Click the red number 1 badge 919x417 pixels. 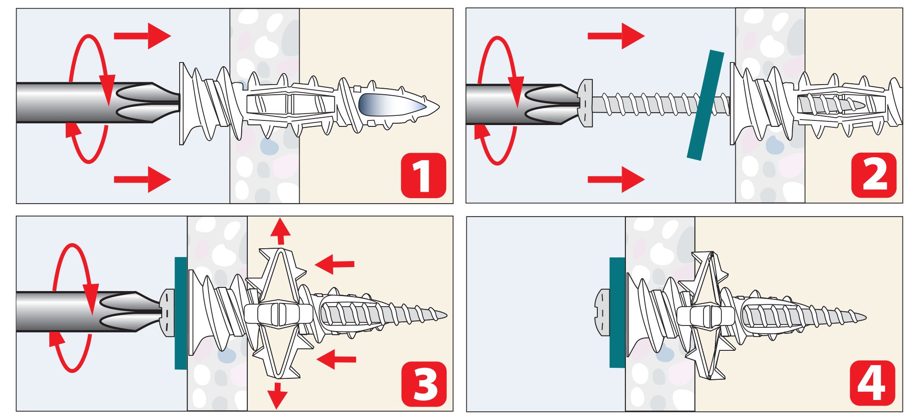coord(423,176)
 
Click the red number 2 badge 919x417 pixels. coord(874,176)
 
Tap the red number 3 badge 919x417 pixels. coord(424,383)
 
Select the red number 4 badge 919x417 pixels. coord(872,383)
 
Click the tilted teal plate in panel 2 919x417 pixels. coord(705,105)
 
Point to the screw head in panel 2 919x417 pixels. coord(585,103)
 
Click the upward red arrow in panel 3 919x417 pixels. coord(280,231)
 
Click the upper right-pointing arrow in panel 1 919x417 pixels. coord(142,36)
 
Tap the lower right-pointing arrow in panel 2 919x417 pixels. coord(616,179)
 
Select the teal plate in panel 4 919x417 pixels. coord(617,312)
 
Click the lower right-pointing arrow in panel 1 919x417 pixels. coord(142,179)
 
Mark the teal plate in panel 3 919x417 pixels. coord(181,313)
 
